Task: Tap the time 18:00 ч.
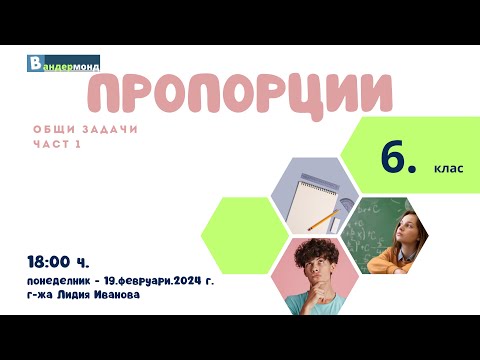pyautogui.click(x=59, y=262)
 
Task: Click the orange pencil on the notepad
pyautogui.click(x=322, y=217)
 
